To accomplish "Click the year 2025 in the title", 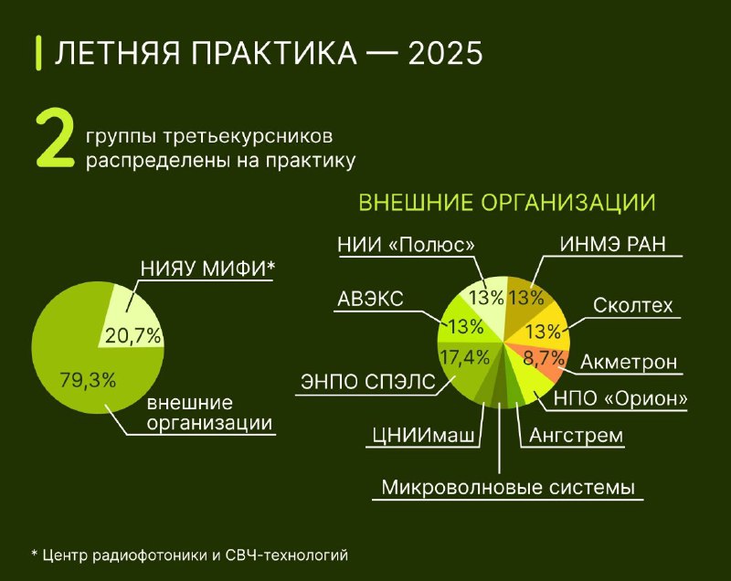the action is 445,53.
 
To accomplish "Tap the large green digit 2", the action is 55,139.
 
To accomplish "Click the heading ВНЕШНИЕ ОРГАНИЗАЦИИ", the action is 507,203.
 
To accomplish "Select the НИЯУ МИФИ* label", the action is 207,269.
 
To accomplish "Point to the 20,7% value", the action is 132,335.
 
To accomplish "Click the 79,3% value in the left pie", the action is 88,380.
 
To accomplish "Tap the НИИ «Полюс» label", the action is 406,245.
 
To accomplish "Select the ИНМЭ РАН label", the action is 612,244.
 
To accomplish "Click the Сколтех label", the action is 633,306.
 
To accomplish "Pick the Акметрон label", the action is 629,362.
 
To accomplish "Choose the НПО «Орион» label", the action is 620,399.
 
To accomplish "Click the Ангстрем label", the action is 577,435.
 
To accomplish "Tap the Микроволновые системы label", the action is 508,487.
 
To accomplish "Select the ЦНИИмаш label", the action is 423,435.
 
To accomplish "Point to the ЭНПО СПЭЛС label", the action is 368,382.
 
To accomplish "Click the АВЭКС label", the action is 370,299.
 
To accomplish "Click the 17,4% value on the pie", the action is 465,357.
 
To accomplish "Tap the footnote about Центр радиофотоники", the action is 190,555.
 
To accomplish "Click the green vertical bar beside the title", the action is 38,53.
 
